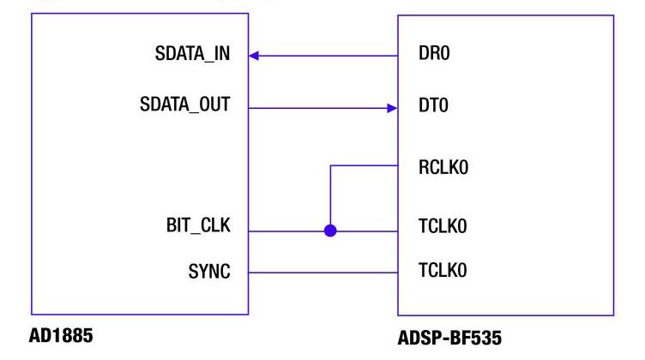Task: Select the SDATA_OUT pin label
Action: point(185,108)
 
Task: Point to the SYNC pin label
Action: point(210,273)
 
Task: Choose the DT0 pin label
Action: point(432,108)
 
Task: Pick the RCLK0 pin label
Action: point(442,168)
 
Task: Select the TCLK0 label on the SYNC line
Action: point(442,273)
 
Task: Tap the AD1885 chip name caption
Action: point(62,336)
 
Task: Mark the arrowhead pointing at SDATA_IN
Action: point(255,57)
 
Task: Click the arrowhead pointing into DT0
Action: point(392,108)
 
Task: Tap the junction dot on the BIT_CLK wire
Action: point(330,230)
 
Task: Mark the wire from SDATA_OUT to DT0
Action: point(317,108)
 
